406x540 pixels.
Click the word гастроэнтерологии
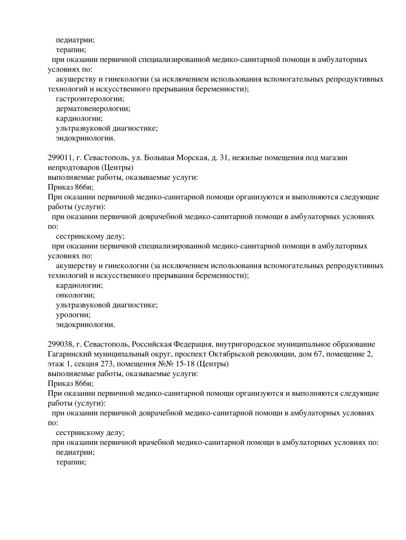(x=90, y=99)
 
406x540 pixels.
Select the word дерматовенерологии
(x=93, y=109)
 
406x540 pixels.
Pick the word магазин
(x=334, y=158)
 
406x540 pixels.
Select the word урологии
(x=73, y=315)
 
